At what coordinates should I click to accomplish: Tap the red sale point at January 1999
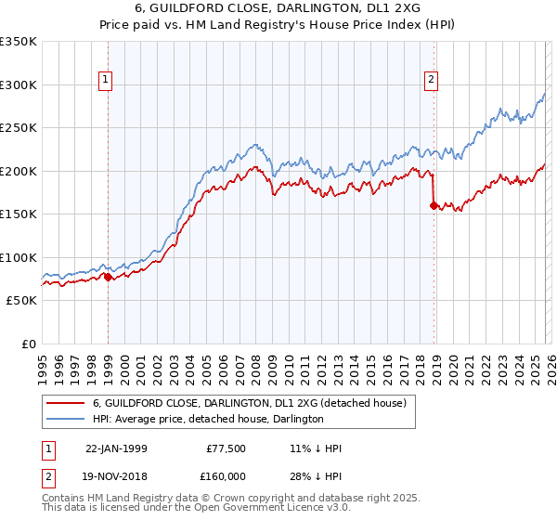tap(108, 277)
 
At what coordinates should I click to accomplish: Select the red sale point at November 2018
tap(434, 206)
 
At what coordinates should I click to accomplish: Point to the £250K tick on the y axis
tap(19, 128)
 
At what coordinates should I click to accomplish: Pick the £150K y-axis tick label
tap(19, 214)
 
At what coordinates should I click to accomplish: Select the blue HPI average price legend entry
tap(207, 420)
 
